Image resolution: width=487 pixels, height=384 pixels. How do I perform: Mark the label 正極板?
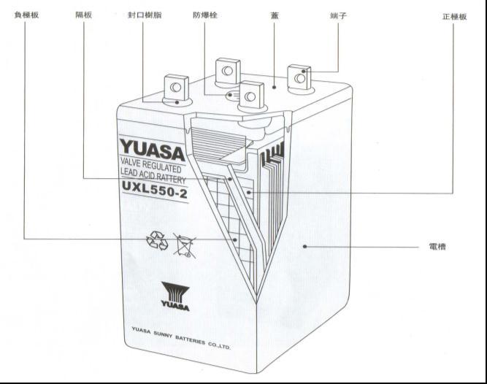(x=454, y=16)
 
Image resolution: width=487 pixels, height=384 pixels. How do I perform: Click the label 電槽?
(x=437, y=247)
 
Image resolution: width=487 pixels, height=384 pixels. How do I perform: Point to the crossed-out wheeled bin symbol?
(x=184, y=245)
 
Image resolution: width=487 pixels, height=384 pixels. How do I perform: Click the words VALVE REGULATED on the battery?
(x=150, y=167)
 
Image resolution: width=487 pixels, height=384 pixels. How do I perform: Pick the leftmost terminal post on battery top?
(x=175, y=89)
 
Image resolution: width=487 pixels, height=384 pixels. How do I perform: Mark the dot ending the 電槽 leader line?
(x=304, y=247)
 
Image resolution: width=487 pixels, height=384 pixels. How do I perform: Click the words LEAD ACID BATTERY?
(x=152, y=179)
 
